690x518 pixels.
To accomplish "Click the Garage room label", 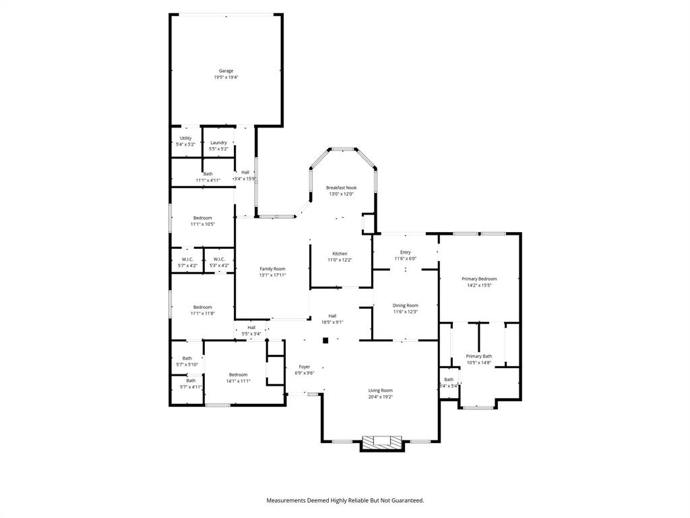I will pos(226,71).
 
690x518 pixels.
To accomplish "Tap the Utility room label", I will pos(185,138).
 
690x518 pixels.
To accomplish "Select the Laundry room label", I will pos(218,142).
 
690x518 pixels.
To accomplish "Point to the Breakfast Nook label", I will pos(341,188).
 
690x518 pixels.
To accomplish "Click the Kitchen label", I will pos(340,254).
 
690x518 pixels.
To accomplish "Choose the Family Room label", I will pos(273,268).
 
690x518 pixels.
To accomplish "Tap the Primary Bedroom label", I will pos(479,279).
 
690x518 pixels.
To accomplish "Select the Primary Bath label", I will pos(478,356).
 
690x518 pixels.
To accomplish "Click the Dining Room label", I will pos(406,305).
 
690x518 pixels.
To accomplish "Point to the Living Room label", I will pos(380,391).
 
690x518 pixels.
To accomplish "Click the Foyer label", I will pos(305,366).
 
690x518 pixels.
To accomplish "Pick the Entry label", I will pos(405,252).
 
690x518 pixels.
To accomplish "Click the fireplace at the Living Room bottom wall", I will pos(382,442).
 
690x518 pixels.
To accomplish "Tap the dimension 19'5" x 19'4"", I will pos(226,78).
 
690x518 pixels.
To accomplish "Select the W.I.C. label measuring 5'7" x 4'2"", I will pos(187,259).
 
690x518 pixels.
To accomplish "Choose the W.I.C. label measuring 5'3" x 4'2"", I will pos(219,259).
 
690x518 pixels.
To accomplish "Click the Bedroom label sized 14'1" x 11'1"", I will pos(238,374).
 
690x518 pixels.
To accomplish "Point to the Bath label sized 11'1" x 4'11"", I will pos(208,174).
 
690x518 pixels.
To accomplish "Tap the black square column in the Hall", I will pos(325,341).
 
